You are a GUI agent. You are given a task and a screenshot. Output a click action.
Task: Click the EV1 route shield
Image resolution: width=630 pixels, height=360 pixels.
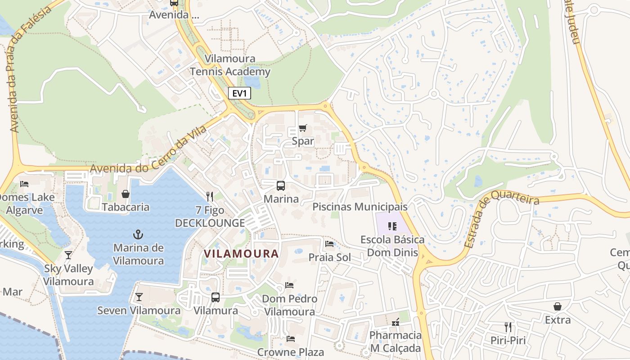pos(239,93)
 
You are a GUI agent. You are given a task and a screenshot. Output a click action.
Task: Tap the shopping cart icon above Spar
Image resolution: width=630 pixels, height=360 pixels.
pos(303,128)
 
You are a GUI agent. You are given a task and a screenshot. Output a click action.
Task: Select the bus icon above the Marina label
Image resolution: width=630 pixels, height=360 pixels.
pos(281,185)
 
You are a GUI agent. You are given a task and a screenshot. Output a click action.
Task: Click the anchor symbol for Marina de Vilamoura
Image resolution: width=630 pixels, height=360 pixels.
pos(138,234)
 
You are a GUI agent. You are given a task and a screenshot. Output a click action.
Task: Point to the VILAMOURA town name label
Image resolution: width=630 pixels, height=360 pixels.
pos(241,253)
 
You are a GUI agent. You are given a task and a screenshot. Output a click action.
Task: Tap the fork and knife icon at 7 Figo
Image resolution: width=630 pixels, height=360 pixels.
pos(209,196)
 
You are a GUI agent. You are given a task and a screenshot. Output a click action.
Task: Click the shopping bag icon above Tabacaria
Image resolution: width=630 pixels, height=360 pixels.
pos(126,194)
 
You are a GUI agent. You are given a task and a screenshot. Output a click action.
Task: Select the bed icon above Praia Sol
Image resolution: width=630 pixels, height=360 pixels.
pos(329,244)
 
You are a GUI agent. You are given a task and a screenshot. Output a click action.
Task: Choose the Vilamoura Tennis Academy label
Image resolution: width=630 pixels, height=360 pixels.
pos(230,65)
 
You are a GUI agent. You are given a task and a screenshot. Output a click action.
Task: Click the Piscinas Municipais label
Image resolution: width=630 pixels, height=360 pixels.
pos(360,207)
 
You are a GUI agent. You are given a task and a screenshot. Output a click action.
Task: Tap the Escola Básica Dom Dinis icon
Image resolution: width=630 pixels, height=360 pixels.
pos(392,226)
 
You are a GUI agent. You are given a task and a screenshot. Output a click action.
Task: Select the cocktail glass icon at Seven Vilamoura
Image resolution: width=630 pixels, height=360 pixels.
pos(139,297)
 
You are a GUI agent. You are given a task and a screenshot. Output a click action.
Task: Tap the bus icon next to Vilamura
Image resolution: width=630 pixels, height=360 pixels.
pos(216,297)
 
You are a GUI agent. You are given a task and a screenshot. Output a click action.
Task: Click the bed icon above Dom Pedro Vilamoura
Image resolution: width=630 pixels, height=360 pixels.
pos(289,285)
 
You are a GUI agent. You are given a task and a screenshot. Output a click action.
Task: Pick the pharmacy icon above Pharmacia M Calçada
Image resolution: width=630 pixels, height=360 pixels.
pos(396,322)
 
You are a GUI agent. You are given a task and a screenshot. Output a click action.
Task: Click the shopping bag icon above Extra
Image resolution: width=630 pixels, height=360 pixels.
pos(557,306)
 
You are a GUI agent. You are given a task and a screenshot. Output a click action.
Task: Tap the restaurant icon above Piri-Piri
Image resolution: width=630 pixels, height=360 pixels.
pos(508,327)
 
